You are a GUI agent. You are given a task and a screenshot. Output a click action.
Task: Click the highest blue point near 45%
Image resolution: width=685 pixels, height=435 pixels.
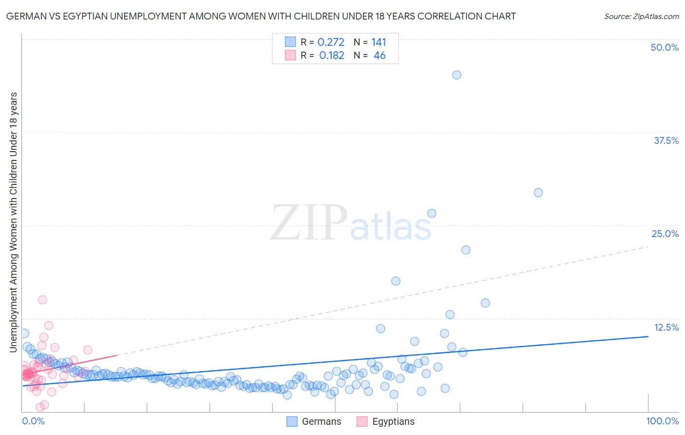pyautogui.click(x=457, y=75)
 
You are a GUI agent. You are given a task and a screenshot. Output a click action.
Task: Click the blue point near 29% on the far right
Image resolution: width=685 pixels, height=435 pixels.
pyautogui.click(x=538, y=193)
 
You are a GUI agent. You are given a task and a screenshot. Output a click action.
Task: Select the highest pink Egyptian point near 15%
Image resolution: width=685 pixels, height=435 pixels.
pyautogui.click(x=42, y=300)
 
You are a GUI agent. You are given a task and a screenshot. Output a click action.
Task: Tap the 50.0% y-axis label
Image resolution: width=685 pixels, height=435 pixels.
pyautogui.click(x=665, y=47)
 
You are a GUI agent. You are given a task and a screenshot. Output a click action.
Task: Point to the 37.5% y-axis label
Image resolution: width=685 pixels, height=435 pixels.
pyautogui.click(x=666, y=140)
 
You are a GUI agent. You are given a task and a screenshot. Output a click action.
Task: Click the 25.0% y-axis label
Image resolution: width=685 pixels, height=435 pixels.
pyautogui.click(x=665, y=234)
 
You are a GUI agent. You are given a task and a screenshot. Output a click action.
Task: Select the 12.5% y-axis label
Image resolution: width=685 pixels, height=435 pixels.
pyautogui.click(x=666, y=327)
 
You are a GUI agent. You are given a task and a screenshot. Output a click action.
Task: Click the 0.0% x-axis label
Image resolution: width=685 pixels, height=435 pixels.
pyautogui.click(x=33, y=421)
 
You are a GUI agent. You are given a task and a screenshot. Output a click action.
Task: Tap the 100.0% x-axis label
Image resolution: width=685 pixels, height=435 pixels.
pyautogui.click(x=662, y=421)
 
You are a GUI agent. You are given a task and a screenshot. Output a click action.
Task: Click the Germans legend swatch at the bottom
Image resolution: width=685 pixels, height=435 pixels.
pyautogui.click(x=292, y=421)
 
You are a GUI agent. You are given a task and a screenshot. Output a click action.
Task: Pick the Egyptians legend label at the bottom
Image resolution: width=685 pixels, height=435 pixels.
pyautogui.click(x=393, y=421)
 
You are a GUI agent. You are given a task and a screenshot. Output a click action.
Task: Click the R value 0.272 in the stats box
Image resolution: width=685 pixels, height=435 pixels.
pyautogui.click(x=331, y=42)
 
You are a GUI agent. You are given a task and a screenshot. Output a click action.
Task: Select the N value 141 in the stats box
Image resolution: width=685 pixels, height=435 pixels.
pyautogui.click(x=379, y=42)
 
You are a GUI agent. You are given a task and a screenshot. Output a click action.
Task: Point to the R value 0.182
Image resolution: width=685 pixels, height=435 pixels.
pyautogui.click(x=331, y=56)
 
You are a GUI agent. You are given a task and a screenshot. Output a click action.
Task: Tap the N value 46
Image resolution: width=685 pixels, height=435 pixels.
pyautogui.click(x=380, y=56)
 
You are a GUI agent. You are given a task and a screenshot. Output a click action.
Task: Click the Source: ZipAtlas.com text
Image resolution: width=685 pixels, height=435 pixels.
pyautogui.click(x=641, y=17)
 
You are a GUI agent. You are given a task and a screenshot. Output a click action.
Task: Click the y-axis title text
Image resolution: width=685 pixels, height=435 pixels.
pyautogui.click(x=13, y=222)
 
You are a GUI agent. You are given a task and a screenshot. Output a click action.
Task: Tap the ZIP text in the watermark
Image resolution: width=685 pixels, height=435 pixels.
pyautogui.click(x=308, y=223)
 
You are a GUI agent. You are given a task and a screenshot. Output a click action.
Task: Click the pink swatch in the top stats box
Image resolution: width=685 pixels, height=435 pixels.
pyautogui.click(x=290, y=56)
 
